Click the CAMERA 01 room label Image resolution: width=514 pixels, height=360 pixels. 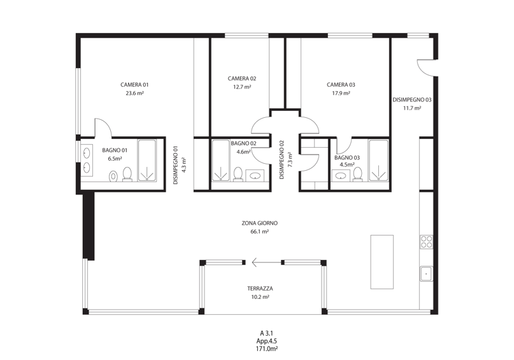(x=134, y=85)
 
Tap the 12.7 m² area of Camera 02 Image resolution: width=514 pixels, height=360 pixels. (x=242, y=87)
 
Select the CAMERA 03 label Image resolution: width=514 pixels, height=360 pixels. (x=341, y=85)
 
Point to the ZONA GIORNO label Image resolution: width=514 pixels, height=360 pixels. (x=260, y=223)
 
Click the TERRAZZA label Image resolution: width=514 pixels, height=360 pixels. (x=260, y=289)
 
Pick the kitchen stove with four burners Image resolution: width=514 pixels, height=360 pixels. (x=427, y=241)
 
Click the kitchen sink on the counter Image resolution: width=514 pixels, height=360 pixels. (x=427, y=273)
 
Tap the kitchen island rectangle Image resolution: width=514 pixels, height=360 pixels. (x=382, y=262)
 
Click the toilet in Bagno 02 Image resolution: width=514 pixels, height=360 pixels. (x=238, y=174)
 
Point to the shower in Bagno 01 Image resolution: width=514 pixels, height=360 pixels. (x=147, y=160)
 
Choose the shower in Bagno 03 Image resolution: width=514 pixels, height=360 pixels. (x=378, y=160)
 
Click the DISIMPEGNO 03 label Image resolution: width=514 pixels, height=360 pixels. (x=412, y=99)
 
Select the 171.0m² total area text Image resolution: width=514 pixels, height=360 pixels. (x=267, y=349)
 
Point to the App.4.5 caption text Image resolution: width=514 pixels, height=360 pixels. (x=267, y=341)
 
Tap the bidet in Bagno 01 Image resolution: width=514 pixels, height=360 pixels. (x=113, y=176)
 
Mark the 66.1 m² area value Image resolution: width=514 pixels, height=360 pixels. (x=260, y=231)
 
